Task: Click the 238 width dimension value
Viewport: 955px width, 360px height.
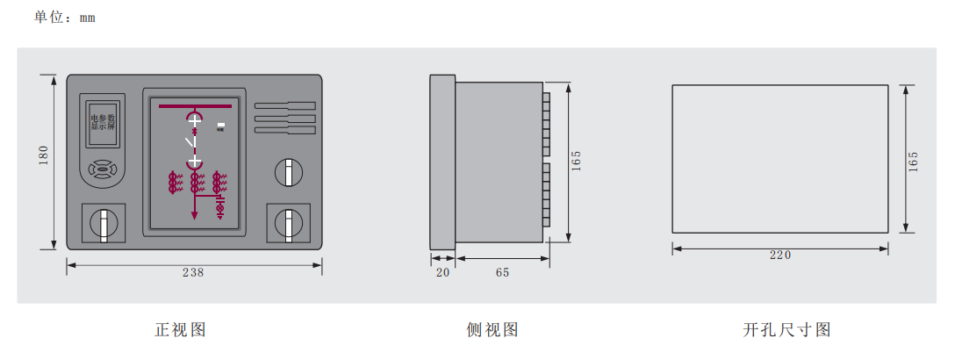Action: click(193, 273)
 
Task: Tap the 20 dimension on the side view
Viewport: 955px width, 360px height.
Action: click(442, 273)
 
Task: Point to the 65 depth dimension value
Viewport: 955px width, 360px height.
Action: click(502, 273)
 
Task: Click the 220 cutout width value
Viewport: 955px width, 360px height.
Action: click(780, 256)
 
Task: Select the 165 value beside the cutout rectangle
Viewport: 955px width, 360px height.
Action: click(913, 162)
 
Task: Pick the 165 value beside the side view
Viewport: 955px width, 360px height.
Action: click(576, 161)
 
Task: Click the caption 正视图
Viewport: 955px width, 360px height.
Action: click(181, 330)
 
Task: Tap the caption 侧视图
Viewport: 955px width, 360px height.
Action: click(492, 330)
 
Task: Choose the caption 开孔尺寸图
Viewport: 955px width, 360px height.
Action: click(786, 330)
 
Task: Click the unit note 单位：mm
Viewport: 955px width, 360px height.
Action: click(65, 17)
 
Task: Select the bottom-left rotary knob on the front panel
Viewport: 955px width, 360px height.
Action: click(104, 224)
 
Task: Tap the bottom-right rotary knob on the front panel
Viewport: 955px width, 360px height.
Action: click(288, 224)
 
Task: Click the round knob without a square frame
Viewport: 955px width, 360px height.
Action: click(288, 172)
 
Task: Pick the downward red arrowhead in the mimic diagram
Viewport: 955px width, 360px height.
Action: click(195, 214)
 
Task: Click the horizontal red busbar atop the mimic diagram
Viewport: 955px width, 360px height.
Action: click(195, 106)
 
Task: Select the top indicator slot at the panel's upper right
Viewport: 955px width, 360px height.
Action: click(285, 106)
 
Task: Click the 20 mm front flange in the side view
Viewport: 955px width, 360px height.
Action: click(442, 162)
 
